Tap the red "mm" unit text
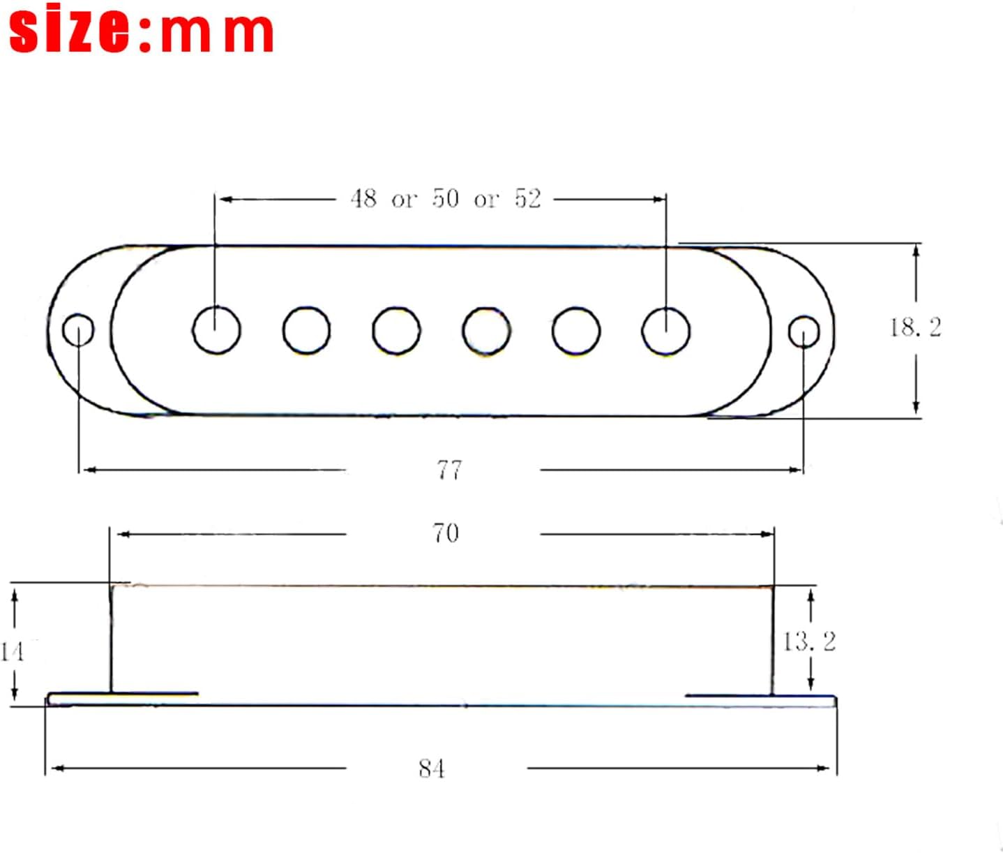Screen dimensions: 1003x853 216,33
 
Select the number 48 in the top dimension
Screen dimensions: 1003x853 363,199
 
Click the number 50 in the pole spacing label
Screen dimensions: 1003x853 446,199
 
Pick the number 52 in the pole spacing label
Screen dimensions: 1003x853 527,199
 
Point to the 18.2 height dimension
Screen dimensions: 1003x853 915,327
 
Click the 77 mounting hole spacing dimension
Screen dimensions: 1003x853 449,470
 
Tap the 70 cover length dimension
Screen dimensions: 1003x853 446,533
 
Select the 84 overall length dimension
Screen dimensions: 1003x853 431,769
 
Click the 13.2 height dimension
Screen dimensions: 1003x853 810,641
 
